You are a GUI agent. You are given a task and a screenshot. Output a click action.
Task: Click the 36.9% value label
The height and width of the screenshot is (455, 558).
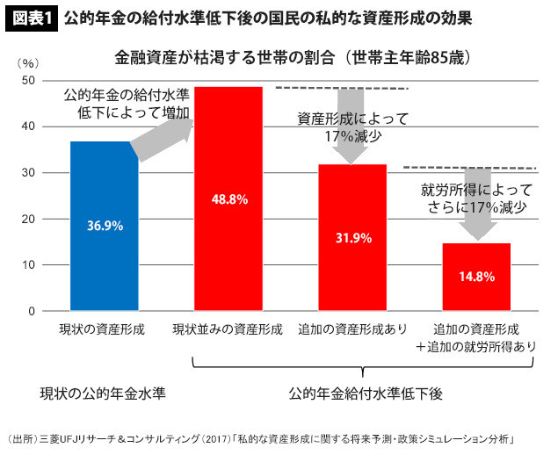(105, 225)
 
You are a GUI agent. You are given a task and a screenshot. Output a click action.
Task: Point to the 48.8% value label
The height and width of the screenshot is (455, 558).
(228, 199)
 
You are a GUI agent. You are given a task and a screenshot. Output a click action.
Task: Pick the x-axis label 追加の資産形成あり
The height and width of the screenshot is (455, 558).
(352, 329)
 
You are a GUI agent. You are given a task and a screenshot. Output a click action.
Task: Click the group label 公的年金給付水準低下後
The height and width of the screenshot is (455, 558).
(351, 392)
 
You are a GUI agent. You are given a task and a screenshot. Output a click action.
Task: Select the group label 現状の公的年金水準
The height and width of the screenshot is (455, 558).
(104, 392)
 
